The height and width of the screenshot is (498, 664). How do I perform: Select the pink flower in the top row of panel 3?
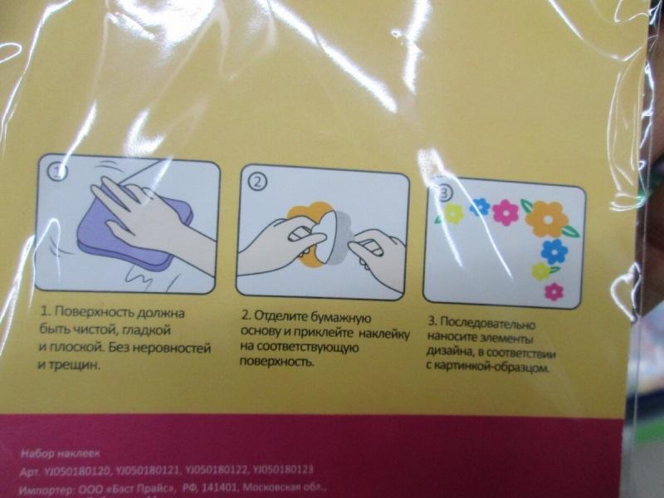(x=505, y=212)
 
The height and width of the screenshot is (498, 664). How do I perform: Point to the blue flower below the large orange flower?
(x=554, y=250)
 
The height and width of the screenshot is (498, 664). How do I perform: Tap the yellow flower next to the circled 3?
(x=453, y=214)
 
